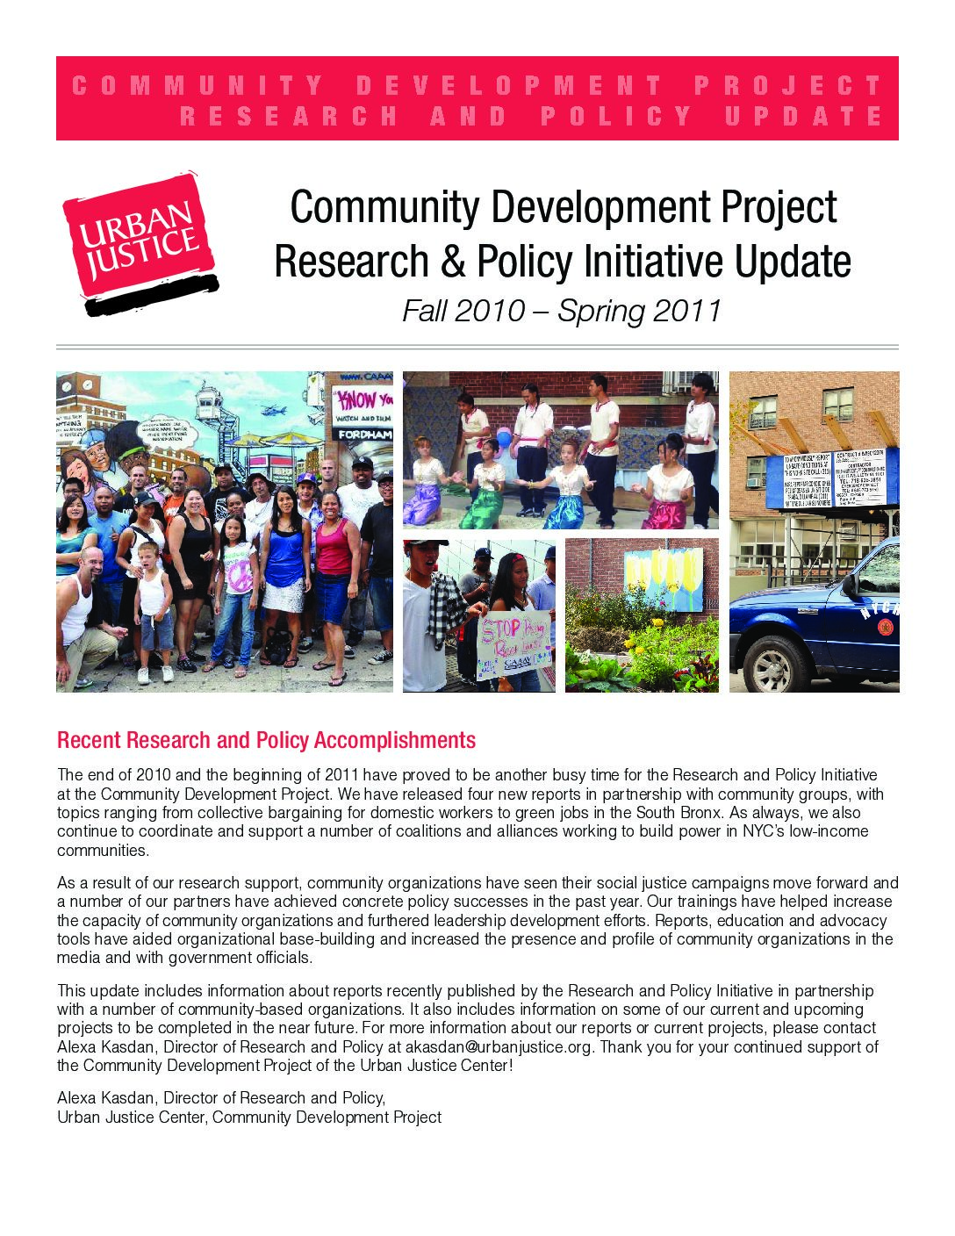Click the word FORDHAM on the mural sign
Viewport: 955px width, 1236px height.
point(362,434)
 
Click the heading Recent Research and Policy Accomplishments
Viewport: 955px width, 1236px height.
point(266,740)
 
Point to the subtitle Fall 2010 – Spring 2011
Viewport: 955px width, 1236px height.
point(562,311)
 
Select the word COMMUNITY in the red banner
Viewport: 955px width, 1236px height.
point(198,85)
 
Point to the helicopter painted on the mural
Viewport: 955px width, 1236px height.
point(273,409)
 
